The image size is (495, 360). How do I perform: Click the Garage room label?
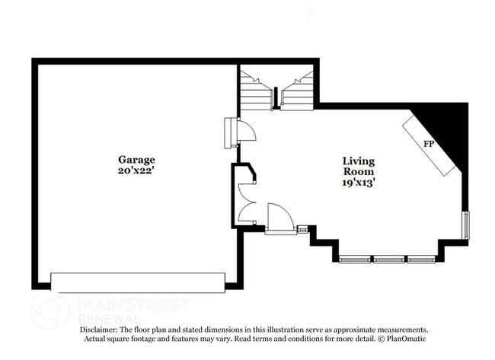coord(136,159)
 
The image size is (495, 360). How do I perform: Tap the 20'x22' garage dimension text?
coord(136,170)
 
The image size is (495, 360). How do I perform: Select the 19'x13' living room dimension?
coord(359,183)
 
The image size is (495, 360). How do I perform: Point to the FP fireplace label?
coord(429,144)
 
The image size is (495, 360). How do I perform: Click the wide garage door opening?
coord(138,282)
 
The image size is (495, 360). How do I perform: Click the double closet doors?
coord(247,202)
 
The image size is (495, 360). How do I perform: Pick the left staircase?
coord(256,90)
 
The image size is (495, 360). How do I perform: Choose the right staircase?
coord(297,90)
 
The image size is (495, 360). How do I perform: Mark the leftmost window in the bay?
coord(355,260)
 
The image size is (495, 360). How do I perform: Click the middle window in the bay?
coord(388,260)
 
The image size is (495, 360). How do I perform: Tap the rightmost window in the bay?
coord(422,260)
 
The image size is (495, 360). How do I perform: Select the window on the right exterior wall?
coord(466,225)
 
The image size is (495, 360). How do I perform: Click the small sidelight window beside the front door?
coord(302,229)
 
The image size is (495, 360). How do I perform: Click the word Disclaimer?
coord(98,330)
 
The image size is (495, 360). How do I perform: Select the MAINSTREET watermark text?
coord(134,304)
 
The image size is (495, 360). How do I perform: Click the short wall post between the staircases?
coord(276,97)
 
